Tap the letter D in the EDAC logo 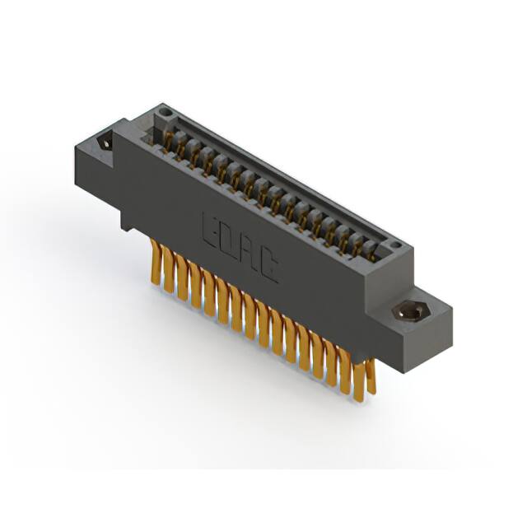click(228, 240)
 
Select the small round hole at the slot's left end click(165, 113)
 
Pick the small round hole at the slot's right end click(394, 245)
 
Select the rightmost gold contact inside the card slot click(368, 251)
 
